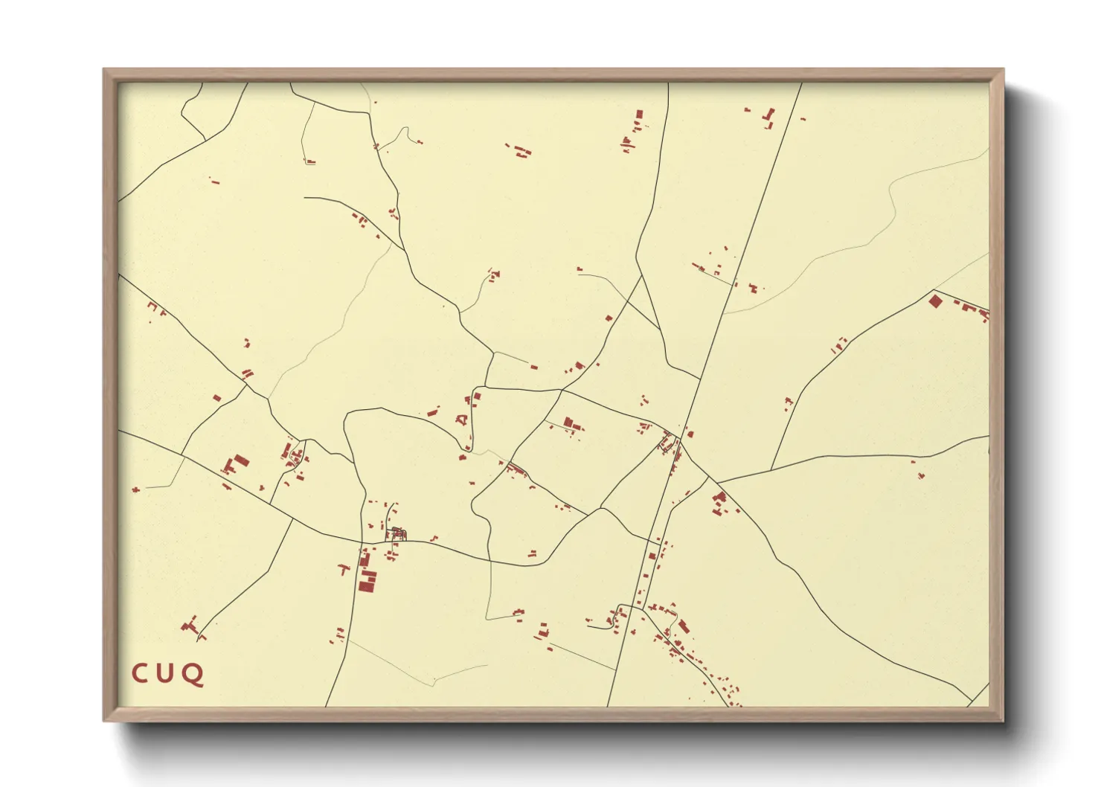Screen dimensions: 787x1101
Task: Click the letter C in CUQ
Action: coord(140,674)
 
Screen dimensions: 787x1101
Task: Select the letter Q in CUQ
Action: coord(193,675)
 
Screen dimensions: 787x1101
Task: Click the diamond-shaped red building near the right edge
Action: coord(935,301)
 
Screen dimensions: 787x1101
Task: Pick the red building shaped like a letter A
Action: coord(464,420)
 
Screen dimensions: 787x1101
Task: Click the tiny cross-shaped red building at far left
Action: coord(135,489)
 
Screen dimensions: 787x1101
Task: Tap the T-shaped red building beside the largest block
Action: coord(344,570)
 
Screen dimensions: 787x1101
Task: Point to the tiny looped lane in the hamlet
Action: coord(398,533)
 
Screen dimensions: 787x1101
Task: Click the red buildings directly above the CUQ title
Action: coord(191,626)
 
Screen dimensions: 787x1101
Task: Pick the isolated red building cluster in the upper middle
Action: coord(520,150)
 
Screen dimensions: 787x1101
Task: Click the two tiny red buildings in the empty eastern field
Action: coord(919,470)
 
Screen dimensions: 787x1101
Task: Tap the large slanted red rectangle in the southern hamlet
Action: coord(683,626)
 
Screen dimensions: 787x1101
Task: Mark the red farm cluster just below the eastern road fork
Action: coord(719,503)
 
